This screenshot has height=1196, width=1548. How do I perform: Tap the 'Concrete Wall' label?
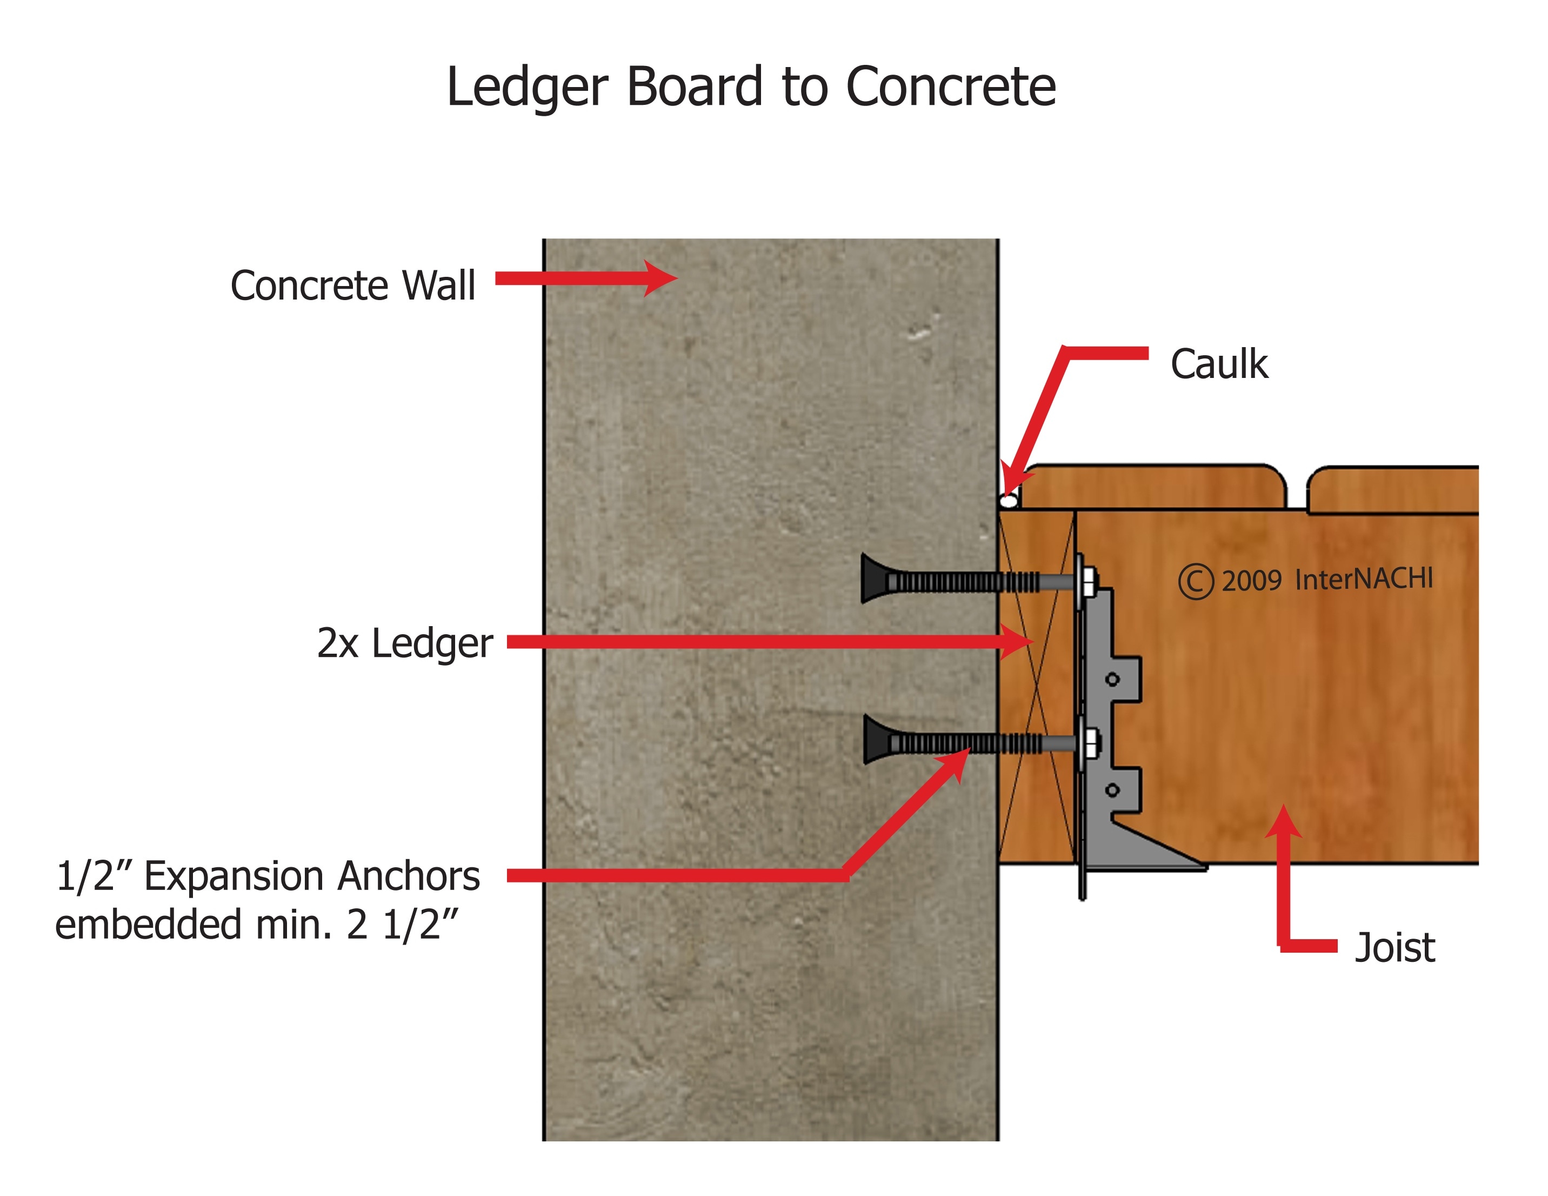[352, 285]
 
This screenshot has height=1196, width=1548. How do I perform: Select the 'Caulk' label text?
[1218, 364]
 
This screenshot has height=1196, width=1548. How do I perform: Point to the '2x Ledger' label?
[404, 643]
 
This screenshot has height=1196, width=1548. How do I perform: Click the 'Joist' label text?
[1394, 948]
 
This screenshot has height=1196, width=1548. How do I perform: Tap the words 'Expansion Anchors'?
[312, 876]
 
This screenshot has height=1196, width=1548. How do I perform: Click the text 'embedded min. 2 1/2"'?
[257, 925]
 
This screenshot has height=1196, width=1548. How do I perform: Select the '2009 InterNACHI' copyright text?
[1326, 580]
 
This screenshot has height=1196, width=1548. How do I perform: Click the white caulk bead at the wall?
[1009, 501]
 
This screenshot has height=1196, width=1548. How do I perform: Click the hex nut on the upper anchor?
[1090, 581]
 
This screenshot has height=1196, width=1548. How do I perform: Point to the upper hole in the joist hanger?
[1112, 679]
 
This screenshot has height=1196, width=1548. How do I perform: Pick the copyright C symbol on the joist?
[1196, 581]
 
